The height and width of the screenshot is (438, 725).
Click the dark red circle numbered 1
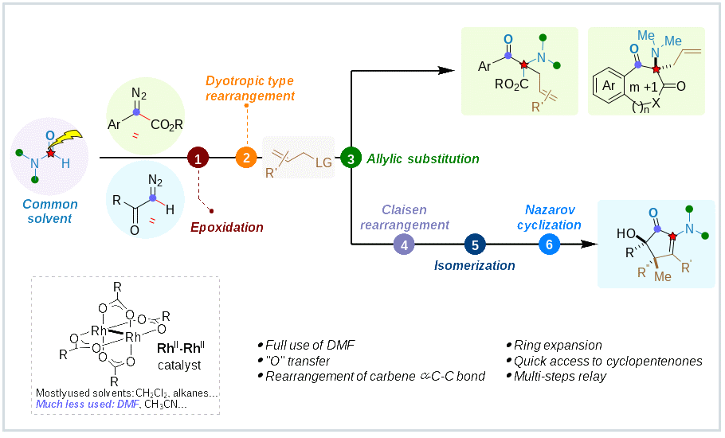(x=198, y=158)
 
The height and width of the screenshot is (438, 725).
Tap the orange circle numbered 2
(x=246, y=158)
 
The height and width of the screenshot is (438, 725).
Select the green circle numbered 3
(x=351, y=158)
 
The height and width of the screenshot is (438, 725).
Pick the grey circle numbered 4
(x=404, y=244)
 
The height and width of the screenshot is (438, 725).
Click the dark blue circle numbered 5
(x=475, y=244)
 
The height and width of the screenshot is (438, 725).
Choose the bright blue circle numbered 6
(x=549, y=244)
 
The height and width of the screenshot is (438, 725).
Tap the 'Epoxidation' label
(x=226, y=228)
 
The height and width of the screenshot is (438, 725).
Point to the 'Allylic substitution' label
(x=423, y=159)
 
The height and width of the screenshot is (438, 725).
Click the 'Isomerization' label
(x=475, y=265)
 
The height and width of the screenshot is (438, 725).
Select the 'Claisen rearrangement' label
(x=403, y=217)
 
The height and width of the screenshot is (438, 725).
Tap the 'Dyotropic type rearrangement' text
(x=250, y=88)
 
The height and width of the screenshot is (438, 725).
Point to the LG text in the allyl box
(x=323, y=162)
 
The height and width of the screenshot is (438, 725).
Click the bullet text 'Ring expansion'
(x=557, y=346)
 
